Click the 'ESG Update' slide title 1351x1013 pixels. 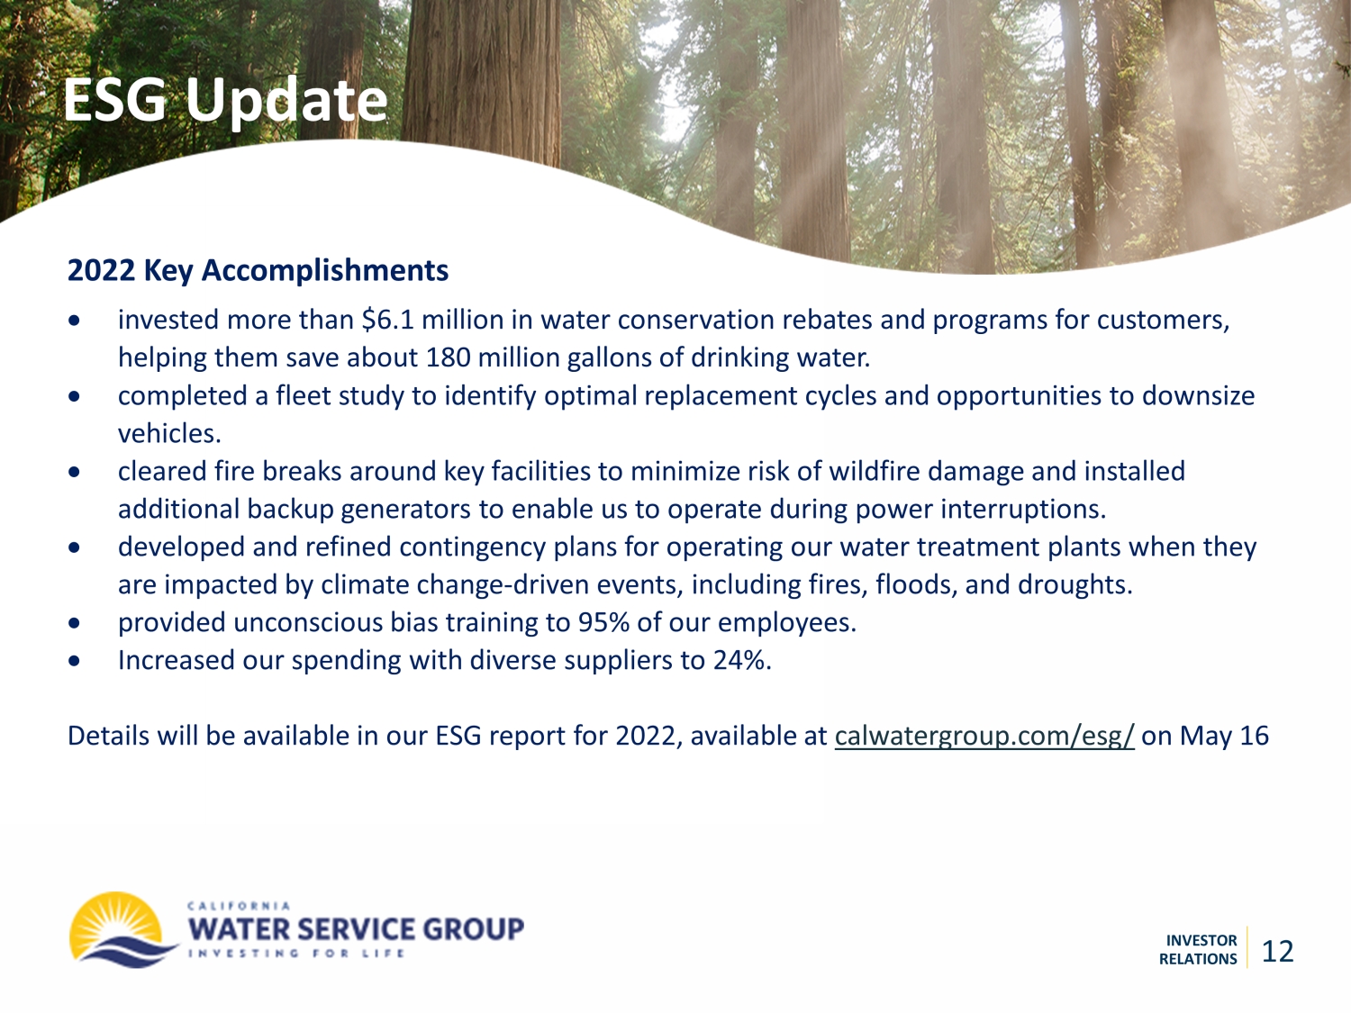coord(225,101)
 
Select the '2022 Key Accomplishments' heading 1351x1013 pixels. coord(258,271)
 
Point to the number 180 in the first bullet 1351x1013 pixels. coord(448,357)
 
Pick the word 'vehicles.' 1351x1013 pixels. coord(169,434)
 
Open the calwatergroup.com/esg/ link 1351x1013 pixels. coord(984,737)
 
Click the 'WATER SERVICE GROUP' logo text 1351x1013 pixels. coord(356,929)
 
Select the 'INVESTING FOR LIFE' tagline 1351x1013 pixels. coord(296,954)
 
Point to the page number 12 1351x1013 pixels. coord(1278,952)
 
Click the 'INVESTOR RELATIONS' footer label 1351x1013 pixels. coord(1198,950)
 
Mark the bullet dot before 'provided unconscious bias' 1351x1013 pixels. coord(75,623)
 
